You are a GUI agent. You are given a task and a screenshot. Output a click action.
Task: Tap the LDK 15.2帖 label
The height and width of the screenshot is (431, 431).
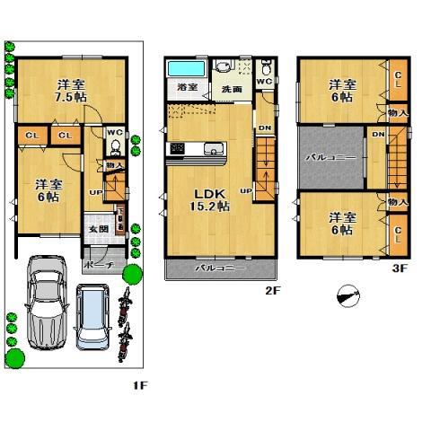[x=208, y=199]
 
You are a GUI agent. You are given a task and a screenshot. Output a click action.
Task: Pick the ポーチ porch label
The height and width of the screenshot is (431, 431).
[x=96, y=266]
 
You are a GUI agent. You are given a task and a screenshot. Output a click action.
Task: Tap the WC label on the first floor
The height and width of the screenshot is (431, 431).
[x=114, y=133]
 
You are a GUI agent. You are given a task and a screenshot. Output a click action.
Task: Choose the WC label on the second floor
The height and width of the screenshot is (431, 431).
[x=263, y=80]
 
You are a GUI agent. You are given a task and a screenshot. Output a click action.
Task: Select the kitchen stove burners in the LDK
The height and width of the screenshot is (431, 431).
[x=178, y=148]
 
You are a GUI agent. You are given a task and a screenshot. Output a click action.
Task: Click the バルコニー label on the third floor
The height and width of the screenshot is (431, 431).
[x=331, y=157]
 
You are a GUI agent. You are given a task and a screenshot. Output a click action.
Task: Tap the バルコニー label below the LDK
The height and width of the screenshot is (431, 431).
[x=216, y=268]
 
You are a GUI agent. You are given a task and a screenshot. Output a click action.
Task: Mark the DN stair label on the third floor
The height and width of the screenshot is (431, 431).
[x=378, y=134]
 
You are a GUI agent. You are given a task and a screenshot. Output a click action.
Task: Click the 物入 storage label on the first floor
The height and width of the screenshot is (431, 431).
[x=114, y=165]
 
